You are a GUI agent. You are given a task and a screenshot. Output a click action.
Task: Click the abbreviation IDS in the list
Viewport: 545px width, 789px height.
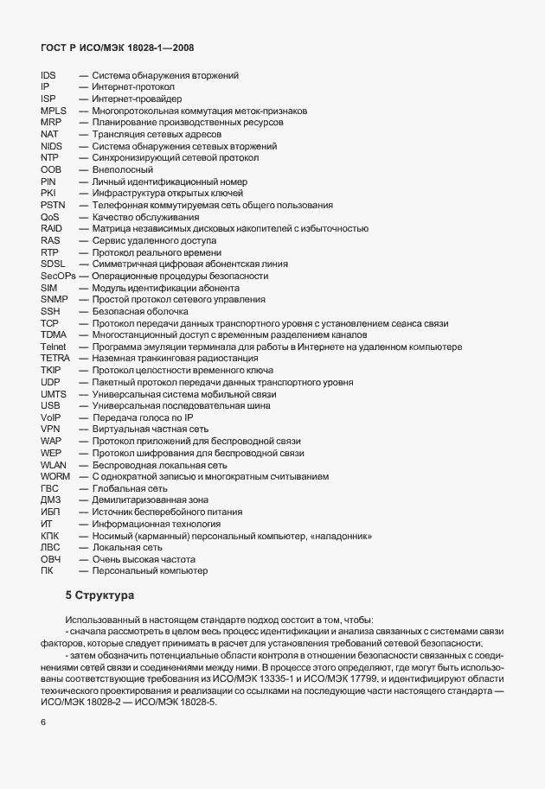(x=48, y=76)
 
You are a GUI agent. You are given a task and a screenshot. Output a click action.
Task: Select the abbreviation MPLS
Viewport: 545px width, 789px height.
(x=54, y=111)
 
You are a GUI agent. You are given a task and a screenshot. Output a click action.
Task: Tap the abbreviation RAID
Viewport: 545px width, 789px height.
(x=52, y=228)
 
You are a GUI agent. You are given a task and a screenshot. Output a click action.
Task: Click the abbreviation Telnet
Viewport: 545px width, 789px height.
(x=53, y=346)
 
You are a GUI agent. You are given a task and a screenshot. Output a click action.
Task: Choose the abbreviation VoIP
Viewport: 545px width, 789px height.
(x=51, y=417)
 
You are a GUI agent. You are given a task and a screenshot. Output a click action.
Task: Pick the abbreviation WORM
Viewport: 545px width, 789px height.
(x=54, y=475)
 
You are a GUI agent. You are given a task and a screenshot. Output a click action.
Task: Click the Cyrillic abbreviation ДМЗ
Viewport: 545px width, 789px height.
(x=51, y=499)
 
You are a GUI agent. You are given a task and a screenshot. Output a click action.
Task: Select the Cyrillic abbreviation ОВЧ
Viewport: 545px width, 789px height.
(x=51, y=558)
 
